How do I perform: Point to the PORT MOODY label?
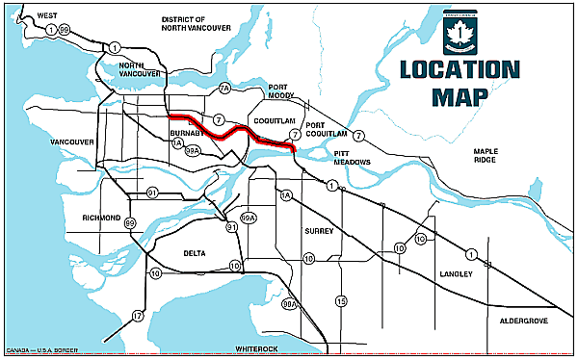285,90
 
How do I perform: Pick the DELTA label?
195,253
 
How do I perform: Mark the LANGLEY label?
458,274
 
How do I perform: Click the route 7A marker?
224,90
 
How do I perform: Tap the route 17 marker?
138,316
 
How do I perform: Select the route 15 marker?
340,301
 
